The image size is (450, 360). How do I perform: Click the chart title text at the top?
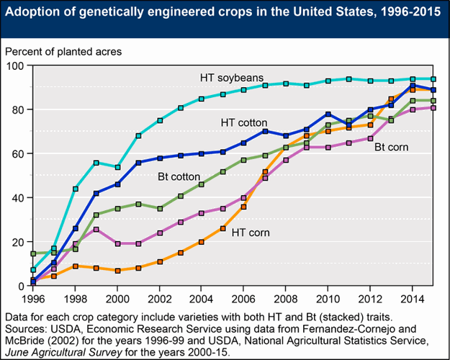pyautogui.click(x=225, y=14)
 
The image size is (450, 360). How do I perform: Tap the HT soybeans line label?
pyautogui.click(x=232, y=77)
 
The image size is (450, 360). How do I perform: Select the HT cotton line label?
pyautogui.click(x=246, y=123)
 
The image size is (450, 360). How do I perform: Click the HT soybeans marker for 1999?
pyautogui.click(x=96, y=163)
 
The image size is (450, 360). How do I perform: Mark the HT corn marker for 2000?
pyautogui.click(x=117, y=271)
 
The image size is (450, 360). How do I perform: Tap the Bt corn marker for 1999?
pyautogui.click(x=96, y=230)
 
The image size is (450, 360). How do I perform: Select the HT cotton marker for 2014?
pyautogui.click(x=411, y=85)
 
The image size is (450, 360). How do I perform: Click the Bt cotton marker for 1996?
pyautogui.click(x=33, y=253)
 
